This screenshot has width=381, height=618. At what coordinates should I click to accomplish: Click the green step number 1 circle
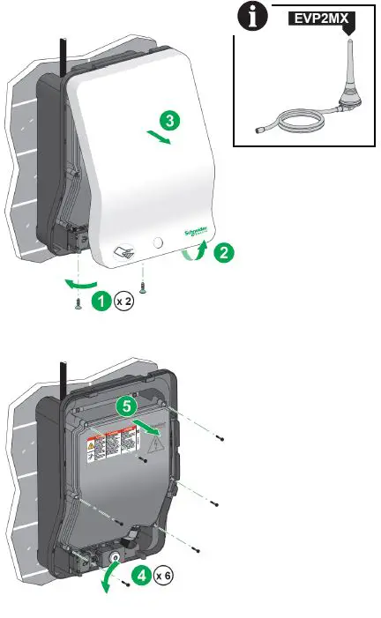click(102, 302)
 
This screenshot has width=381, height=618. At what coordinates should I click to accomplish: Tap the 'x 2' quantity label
click(124, 302)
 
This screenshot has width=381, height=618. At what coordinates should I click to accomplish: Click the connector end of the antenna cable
click(255, 128)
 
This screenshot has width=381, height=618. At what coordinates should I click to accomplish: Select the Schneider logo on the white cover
click(195, 230)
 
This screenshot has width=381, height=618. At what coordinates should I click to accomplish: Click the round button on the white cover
click(158, 241)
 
